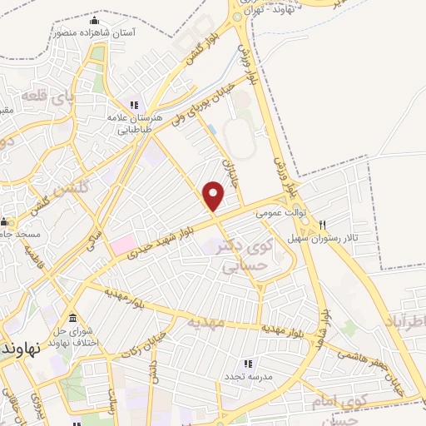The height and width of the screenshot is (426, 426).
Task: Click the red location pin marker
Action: point(214,196)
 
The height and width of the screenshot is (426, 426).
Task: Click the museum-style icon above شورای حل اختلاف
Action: point(72,319)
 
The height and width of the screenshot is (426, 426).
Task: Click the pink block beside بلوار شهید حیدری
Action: point(124,245)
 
